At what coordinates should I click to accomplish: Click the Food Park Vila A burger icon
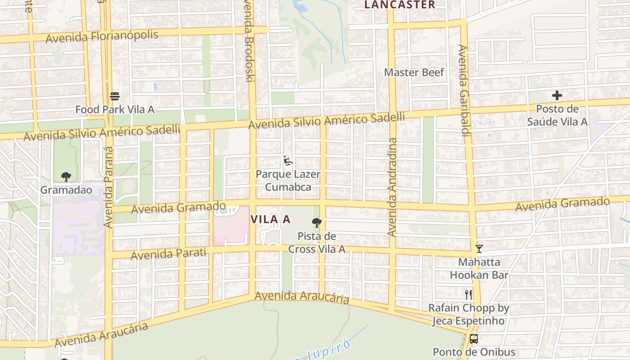click(x=115, y=96)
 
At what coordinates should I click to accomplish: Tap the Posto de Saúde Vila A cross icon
click(x=557, y=95)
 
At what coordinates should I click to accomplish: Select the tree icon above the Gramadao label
click(x=66, y=176)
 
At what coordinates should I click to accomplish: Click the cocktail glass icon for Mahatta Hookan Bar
click(x=479, y=248)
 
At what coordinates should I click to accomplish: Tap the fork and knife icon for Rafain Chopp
click(x=468, y=295)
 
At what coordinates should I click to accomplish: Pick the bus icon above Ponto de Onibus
click(x=473, y=339)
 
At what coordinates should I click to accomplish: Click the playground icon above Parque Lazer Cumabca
click(x=288, y=161)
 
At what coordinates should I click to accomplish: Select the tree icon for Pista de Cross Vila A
click(x=317, y=222)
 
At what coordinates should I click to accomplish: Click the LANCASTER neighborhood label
click(x=400, y=5)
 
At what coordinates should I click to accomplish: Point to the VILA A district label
click(x=270, y=220)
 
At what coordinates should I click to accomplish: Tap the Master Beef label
click(x=414, y=72)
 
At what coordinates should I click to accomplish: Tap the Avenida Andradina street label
click(x=392, y=187)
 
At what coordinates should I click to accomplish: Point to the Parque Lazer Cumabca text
click(x=288, y=180)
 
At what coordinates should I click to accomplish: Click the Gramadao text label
click(x=66, y=190)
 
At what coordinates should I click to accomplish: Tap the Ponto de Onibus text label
click(x=474, y=352)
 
